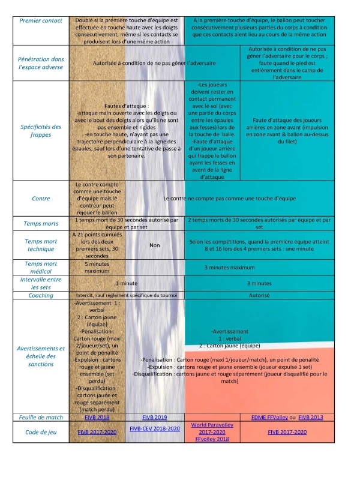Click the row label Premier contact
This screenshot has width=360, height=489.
pyautogui.click(x=41, y=20)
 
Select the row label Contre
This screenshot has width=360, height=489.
pyautogui.click(x=41, y=199)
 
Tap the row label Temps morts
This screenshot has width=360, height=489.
pyautogui.click(x=41, y=224)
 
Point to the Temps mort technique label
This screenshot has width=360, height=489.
pyautogui.click(x=41, y=245)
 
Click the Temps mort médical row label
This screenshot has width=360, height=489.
pyautogui.click(x=41, y=267)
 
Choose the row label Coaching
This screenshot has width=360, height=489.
pyautogui.click(x=41, y=296)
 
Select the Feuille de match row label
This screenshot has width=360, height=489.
pyautogui.click(x=41, y=417)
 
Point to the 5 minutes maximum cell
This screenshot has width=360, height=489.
pyautogui.click(x=97, y=267)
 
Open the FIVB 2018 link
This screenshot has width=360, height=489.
pyautogui.click(x=97, y=417)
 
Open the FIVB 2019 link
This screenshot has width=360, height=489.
pyautogui.click(x=155, y=417)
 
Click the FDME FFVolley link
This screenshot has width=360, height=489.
pyautogui.click(x=267, y=417)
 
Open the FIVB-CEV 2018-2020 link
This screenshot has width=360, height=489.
pyautogui.click(x=155, y=428)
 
